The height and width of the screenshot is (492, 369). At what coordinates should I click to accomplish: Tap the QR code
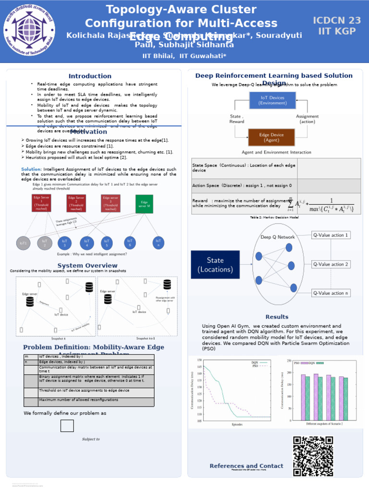tap(313, 456)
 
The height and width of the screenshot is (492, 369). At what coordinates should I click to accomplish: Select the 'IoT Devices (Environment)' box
tap(272, 100)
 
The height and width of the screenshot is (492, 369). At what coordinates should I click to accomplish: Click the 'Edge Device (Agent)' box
tap(271, 137)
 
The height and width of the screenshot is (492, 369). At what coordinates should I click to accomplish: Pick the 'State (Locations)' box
tap(215, 265)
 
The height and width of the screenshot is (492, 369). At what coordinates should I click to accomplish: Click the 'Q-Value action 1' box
tap(331, 235)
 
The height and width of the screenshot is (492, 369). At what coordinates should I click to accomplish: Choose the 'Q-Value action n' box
tap(331, 293)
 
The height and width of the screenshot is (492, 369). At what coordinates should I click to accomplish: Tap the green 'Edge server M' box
tap(144, 204)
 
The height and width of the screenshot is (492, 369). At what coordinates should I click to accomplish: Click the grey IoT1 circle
tap(23, 243)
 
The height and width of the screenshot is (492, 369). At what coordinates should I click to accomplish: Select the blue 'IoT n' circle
tap(158, 243)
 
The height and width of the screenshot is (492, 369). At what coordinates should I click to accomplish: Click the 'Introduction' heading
tap(90, 76)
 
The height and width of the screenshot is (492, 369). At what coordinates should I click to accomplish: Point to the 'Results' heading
tap(277, 317)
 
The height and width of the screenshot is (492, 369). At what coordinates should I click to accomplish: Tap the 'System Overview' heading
tap(87, 266)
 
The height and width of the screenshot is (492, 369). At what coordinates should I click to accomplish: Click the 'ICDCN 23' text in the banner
tap(337, 20)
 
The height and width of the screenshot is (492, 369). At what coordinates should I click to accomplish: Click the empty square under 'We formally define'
tap(67, 426)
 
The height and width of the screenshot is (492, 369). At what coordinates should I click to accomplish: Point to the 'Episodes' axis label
tap(237, 424)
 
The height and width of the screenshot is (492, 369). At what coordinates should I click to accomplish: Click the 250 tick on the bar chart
tap(289, 361)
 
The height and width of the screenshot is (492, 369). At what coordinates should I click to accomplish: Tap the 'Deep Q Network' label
tap(278, 237)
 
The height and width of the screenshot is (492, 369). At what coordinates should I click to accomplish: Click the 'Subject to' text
tap(91, 439)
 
